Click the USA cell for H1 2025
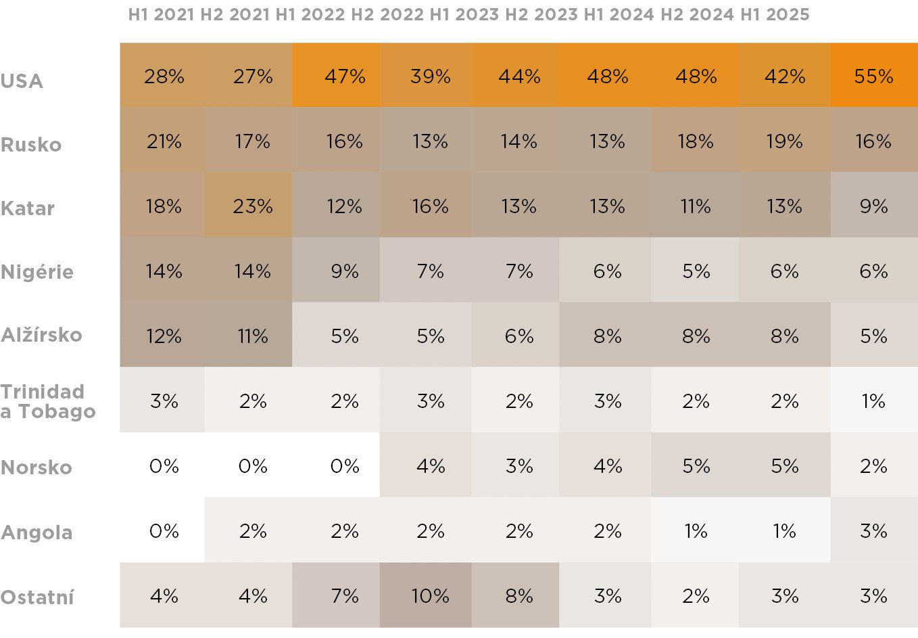click(x=873, y=76)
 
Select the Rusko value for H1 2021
click(x=164, y=141)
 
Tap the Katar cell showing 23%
click(x=252, y=206)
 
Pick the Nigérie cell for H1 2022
click(x=344, y=271)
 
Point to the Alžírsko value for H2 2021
click(x=252, y=336)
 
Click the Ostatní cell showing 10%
click(x=430, y=595)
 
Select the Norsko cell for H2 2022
click(x=430, y=465)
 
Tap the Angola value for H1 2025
click(x=873, y=530)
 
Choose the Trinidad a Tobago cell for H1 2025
click(x=873, y=401)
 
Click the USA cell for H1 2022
click(x=344, y=76)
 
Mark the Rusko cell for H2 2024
click(x=784, y=141)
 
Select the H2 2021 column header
click(x=235, y=14)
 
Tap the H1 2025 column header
click(x=775, y=14)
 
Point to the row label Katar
click(x=28, y=208)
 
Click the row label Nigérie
click(x=37, y=271)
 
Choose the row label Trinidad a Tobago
click(x=48, y=401)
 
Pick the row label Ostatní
click(x=37, y=597)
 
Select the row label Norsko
click(x=37, y=467)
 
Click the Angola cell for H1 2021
click(x=164, y=530)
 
